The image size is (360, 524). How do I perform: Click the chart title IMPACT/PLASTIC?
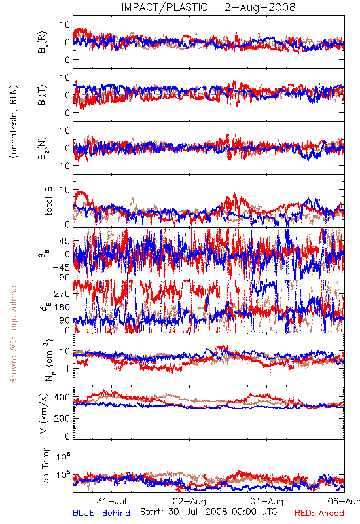[x=164, y=7]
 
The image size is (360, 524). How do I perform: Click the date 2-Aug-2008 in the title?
[x=260, y=7]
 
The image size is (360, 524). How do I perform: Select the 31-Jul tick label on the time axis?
[x=111, y=501]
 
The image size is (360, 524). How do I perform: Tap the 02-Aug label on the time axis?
[x=189, y=501]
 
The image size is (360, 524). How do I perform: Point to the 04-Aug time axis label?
[x=266, y=501]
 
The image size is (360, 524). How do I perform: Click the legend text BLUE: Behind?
[x=101, y=513]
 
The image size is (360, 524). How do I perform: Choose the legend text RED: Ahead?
[x=319, y=513]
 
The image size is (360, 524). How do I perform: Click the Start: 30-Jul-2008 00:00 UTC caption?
[x=208, y=512]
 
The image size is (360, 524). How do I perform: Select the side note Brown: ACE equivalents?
[x=13, y=333]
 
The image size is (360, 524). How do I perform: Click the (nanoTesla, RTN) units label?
[x=14, y=121]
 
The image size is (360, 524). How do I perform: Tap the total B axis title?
[x=48, y=201]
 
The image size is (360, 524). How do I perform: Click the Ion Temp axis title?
[x=45, y=466]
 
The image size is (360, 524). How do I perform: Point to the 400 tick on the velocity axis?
[x=62, y=398]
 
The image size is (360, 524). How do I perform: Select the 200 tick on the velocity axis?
[x=62, y=418]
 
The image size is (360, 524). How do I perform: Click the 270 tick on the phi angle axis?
[x=62, y=293]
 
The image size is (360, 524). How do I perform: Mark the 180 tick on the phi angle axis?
[x=62, y=307]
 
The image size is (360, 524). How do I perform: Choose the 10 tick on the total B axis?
[x=65, y=190]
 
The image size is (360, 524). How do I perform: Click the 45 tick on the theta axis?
[x=65, y=241]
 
